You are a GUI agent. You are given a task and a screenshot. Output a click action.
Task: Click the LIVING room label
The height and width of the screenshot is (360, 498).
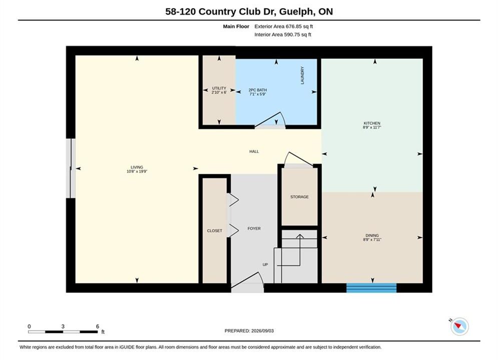137,167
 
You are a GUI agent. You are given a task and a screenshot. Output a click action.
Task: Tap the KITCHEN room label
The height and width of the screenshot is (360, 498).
372,123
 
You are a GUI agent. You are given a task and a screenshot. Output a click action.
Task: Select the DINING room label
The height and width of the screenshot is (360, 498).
372,235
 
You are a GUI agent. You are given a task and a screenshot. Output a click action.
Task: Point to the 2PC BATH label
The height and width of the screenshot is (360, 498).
258,90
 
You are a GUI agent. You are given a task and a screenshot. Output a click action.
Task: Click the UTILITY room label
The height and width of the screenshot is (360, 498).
219,88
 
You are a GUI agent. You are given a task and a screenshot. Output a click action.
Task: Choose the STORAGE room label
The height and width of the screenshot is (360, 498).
299,197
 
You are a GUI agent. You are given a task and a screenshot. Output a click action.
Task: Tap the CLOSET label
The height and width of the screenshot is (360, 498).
215,230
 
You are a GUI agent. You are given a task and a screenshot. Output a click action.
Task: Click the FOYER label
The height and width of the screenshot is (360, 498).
254,228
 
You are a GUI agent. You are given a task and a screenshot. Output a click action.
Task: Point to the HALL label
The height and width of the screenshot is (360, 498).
254,151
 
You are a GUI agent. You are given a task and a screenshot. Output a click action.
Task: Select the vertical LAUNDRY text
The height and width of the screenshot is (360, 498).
302,75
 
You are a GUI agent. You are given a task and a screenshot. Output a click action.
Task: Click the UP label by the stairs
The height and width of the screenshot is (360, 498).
265,264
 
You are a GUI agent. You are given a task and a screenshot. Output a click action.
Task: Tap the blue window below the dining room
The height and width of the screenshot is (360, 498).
371,287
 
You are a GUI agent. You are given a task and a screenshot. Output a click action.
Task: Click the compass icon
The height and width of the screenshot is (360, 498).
459,326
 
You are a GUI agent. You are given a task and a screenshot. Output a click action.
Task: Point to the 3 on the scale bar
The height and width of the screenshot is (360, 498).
63,326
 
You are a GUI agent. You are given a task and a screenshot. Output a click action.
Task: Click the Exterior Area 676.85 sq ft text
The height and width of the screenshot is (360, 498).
284,26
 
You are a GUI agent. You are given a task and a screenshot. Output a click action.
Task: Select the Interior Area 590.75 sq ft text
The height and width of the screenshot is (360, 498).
283,34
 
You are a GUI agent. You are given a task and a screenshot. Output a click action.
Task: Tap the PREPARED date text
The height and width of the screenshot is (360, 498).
249,331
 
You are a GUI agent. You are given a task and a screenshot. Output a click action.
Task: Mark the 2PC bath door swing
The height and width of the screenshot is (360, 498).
270,119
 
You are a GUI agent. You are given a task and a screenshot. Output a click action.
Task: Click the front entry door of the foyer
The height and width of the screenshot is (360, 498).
247,282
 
